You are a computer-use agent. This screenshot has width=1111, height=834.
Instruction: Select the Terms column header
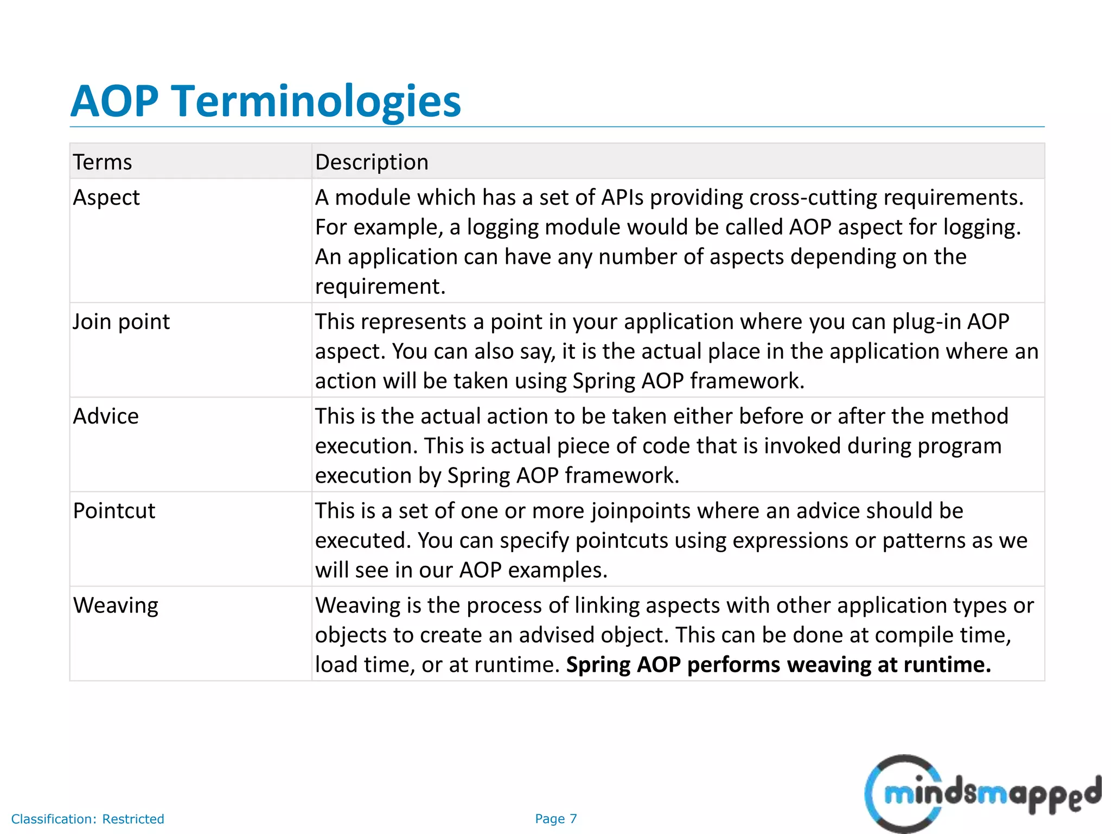[x=103, y=162]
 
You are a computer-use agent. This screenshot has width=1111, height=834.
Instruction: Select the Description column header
[x=372, y=162]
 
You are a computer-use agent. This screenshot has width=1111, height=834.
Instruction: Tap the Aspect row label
[x=106, y=198]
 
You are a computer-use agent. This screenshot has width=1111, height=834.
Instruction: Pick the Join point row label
[x=121, y=321]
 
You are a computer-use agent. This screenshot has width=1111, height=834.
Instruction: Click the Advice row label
[x=106, y=416]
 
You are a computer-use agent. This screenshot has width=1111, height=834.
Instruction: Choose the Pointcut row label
[x=114, y=511]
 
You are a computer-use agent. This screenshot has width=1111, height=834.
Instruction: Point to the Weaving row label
[x=116, y=605]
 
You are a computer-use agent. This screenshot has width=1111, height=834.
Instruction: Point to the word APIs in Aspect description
[x=622, y=198]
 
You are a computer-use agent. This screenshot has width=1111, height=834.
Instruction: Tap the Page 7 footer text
[x=555, y=819]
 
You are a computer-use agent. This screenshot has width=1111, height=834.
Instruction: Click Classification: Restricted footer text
[x=87, y=819]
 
